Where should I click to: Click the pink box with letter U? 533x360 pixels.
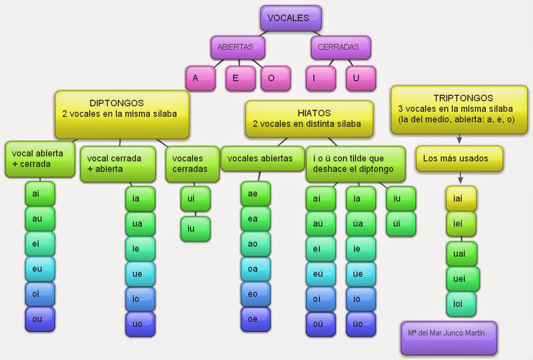361,78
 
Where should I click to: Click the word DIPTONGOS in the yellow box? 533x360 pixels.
117,103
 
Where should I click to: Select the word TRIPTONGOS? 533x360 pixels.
463,98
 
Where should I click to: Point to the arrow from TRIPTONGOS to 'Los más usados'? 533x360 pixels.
459,140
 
